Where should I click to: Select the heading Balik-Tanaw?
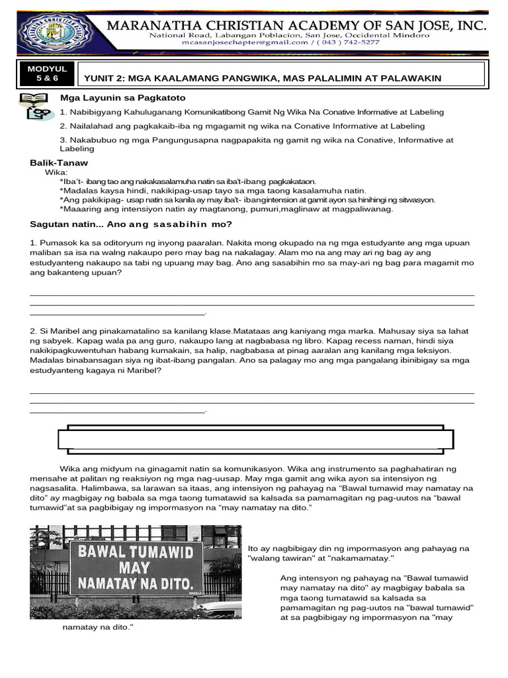point(59,163)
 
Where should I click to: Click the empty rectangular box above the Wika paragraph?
point(266,439)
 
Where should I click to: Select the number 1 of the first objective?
point(62,113)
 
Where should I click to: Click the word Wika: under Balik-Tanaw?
point(56,172)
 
